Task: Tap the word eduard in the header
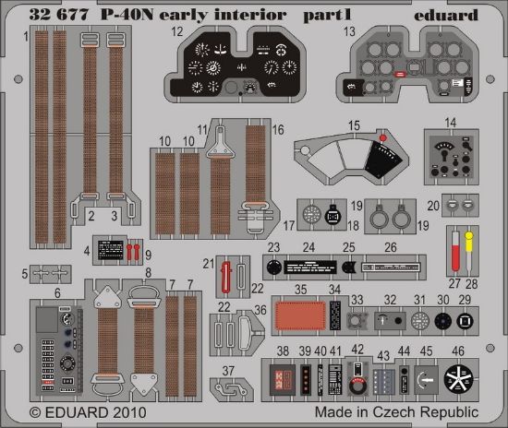pyautogui.click(x=447, y=15)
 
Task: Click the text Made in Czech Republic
pyautogui.click(x=397, y=411)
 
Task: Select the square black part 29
pyautogui.click(x=465, y=321)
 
